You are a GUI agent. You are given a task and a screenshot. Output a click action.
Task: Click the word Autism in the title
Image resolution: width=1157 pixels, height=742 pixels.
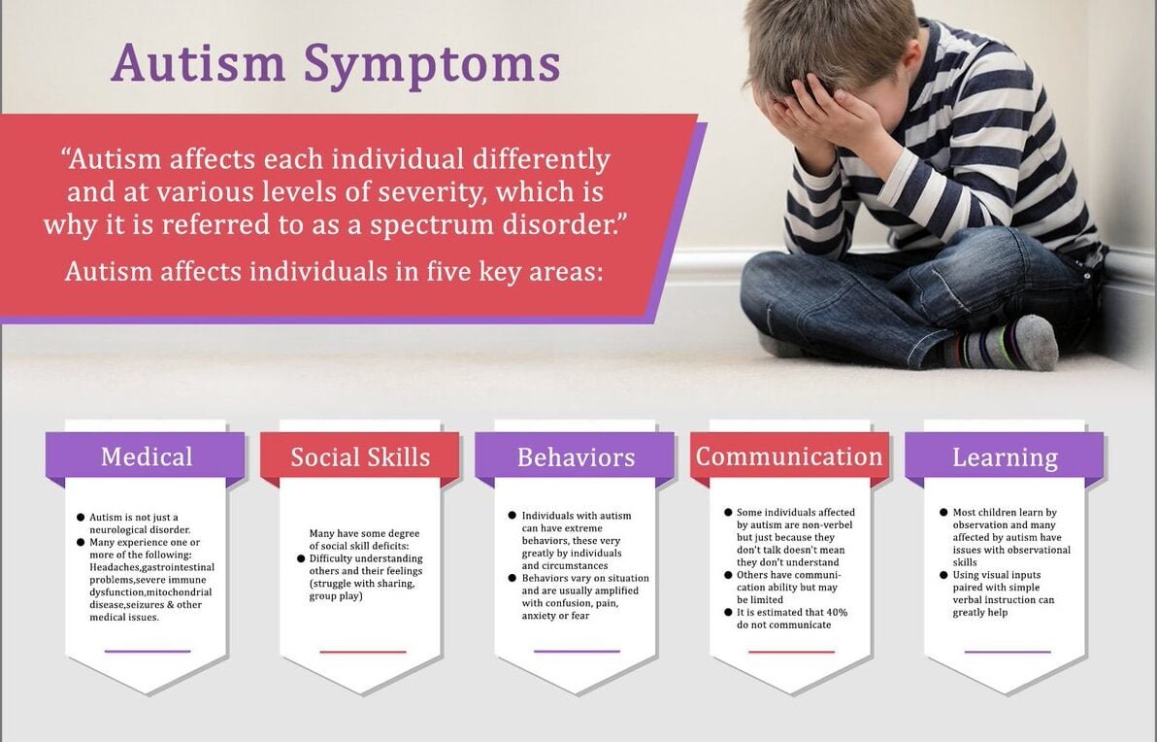[x=198, y=63]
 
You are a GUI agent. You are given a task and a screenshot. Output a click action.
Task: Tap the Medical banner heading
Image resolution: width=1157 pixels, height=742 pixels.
[x=147, y=456]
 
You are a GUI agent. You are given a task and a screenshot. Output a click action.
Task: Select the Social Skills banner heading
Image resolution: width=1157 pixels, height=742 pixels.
[x=360, y=457]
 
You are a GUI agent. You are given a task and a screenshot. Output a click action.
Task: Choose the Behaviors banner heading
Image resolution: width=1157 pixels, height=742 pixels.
[x=577, y=457]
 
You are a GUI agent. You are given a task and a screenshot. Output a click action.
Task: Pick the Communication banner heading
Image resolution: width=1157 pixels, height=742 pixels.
[x=789, y=456]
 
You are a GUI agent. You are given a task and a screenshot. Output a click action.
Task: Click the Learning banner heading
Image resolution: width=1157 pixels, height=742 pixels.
[x=1005, y=458]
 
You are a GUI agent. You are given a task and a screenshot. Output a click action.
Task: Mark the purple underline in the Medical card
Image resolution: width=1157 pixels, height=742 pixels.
[x=148, y=651]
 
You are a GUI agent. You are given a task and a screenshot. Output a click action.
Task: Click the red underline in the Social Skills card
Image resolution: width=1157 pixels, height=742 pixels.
[x=362, y=652]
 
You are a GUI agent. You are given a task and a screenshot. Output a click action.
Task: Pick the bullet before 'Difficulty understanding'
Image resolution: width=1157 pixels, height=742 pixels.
[x=301, y=558]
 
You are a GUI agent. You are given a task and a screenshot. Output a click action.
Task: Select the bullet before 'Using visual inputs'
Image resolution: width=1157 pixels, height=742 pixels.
[x=943, y=574]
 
